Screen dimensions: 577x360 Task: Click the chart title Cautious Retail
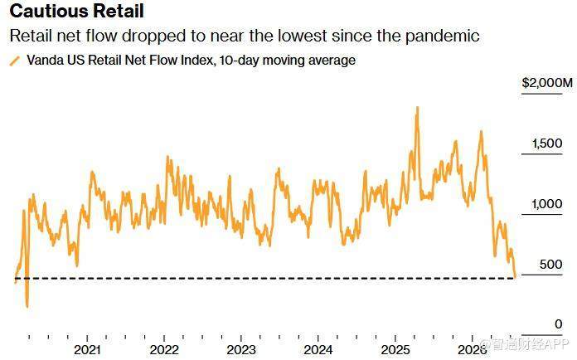tap(76, 11)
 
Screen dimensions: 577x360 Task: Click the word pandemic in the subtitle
tap(443, 36)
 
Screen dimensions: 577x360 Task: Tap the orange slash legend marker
tap(15, 61)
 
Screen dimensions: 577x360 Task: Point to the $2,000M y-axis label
tap(547, 83)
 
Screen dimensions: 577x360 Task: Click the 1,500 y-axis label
tap(547, 144)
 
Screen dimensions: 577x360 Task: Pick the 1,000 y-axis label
tap(547, 203)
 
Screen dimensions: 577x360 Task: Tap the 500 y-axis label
tap(550, 265)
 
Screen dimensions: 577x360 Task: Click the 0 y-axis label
tap(559, 324)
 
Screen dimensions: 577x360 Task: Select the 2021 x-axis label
tap(87, 349)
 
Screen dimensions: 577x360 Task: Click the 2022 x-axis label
tap(164, 349)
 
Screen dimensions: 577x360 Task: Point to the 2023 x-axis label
tap(241, 349)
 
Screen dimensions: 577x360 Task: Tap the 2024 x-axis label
tap(318, 349)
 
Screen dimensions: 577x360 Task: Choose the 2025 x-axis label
tap(395, 349)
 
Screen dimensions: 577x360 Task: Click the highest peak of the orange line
tap(417, 108)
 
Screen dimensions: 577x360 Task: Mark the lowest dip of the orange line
tap(27, 306)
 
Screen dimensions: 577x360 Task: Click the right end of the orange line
tap(515, 276)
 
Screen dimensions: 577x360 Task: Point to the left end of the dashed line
tap(16, 278)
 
